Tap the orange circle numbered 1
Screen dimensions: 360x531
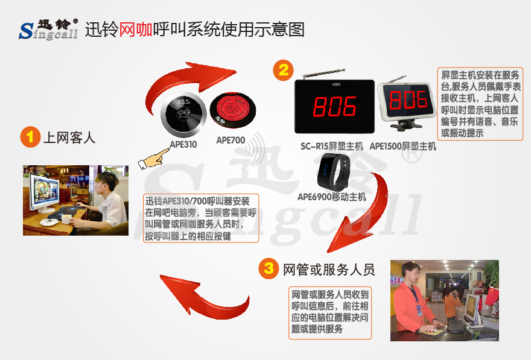point(28,137)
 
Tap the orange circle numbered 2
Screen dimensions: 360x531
point(283,69)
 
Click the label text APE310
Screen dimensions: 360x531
point(183,145)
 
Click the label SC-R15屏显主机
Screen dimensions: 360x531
point(332,146)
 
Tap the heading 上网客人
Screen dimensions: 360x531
point(69,137)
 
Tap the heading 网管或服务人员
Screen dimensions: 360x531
point(329,269)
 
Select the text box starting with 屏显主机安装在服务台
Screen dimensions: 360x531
point(480,104)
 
